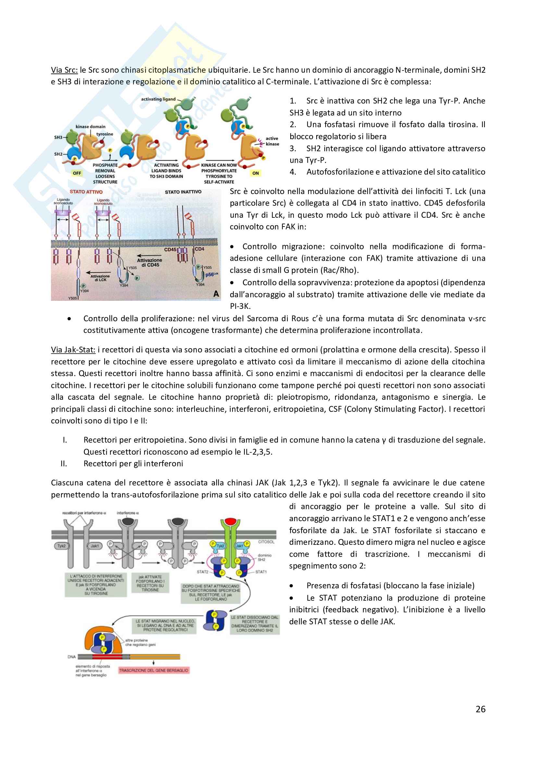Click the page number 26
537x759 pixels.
(480, 709)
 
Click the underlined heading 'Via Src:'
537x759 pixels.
(64, 70)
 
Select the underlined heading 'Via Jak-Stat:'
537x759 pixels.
(73, 350)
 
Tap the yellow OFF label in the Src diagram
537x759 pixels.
(77, 173)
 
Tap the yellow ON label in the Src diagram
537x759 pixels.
(256, 173)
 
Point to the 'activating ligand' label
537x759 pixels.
(158, 99)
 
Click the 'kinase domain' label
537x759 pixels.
(90, 127)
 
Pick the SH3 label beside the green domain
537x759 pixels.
(58, 137)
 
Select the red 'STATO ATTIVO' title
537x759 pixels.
(86, 192)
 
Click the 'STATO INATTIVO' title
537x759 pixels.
(183, 192)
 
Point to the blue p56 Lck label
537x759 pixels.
(212, 275)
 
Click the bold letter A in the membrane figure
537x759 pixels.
(216, 294)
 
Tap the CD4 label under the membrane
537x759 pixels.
(199, 249)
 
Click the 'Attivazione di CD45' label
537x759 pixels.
(149, 263)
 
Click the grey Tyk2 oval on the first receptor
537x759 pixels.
(61, 546)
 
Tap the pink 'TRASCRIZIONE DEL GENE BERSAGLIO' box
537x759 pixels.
(154, 670)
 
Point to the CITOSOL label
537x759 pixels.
(266, 542)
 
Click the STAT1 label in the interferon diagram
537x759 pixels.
(261, 571)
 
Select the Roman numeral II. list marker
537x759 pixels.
(64, 463)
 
